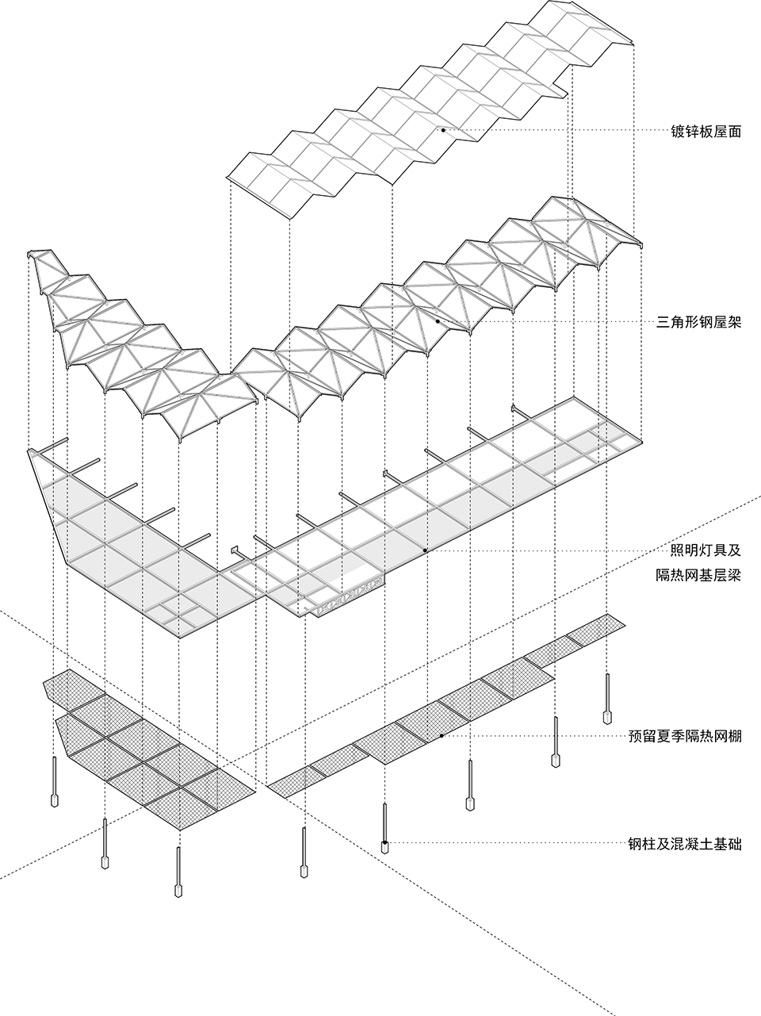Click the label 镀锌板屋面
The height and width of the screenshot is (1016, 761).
pyautogui.click(x=706, y=132)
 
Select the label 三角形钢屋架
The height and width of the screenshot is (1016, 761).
pyautogui.click(x=700, y=322)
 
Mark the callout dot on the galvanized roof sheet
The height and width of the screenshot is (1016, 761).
pyautogui.click(x=443, y=130)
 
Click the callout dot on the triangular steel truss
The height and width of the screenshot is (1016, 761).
pyautogui.click(x=437, y=321)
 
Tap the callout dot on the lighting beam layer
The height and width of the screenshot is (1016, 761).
pyautogui.click(x=425, y=549)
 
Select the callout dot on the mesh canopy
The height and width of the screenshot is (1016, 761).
pyautogui.click(x=442, y=737)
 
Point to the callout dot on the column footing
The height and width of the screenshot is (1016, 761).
pyautogui.click(x=385, y=843)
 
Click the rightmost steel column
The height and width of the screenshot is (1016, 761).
pyautogui.click(x=607, y=694)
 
